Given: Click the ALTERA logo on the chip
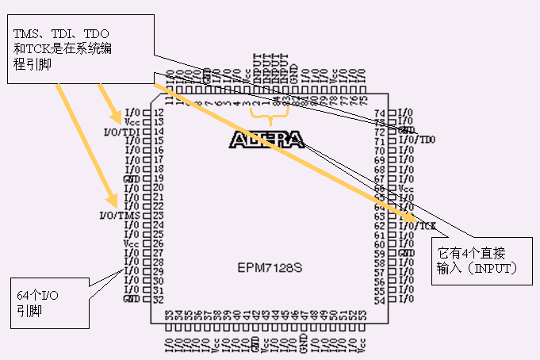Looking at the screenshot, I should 266,140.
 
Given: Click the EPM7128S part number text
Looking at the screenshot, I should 270,267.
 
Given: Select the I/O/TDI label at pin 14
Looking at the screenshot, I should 121,132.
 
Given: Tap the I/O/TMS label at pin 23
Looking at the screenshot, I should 120,216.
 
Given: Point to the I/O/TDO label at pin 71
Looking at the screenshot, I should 416,140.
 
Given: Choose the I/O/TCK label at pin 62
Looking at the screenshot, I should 417,226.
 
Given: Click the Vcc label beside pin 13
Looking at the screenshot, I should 132,123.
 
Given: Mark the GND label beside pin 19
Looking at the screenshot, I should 132,178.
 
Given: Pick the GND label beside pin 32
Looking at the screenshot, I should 132,300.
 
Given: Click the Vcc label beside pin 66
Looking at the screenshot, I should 405,188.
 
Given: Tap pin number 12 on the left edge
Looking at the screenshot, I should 159,113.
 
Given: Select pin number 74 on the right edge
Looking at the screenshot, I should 379,113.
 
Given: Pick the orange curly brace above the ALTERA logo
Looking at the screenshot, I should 274,120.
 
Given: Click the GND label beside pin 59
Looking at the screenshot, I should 405,254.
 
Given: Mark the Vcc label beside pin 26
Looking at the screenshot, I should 132,244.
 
